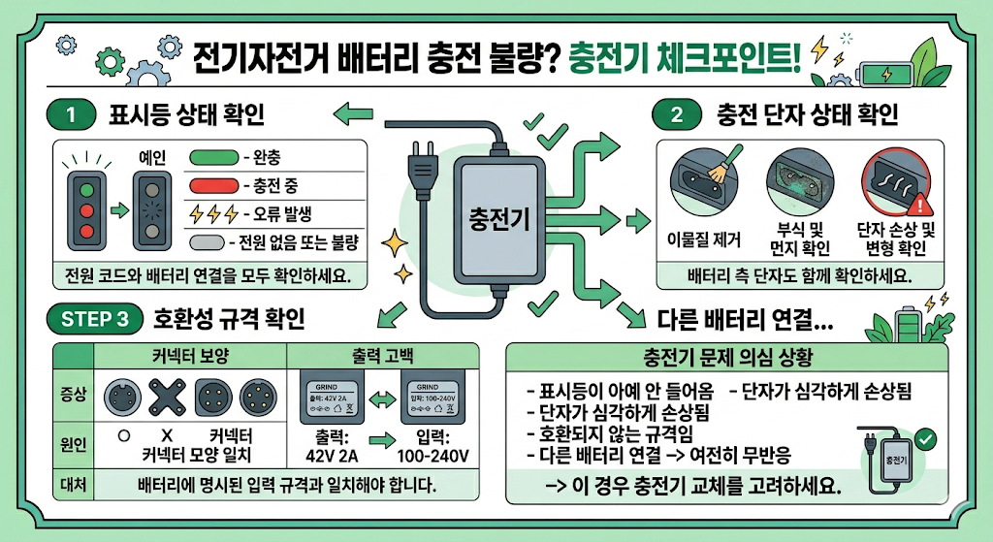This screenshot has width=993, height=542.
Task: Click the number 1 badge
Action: [70, 114]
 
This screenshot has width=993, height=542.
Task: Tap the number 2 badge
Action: [676, 114]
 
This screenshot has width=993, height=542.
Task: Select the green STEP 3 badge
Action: [93, 319]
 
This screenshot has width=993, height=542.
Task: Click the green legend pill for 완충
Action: [212, 157]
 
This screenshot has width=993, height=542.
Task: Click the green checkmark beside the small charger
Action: [926, 439]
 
